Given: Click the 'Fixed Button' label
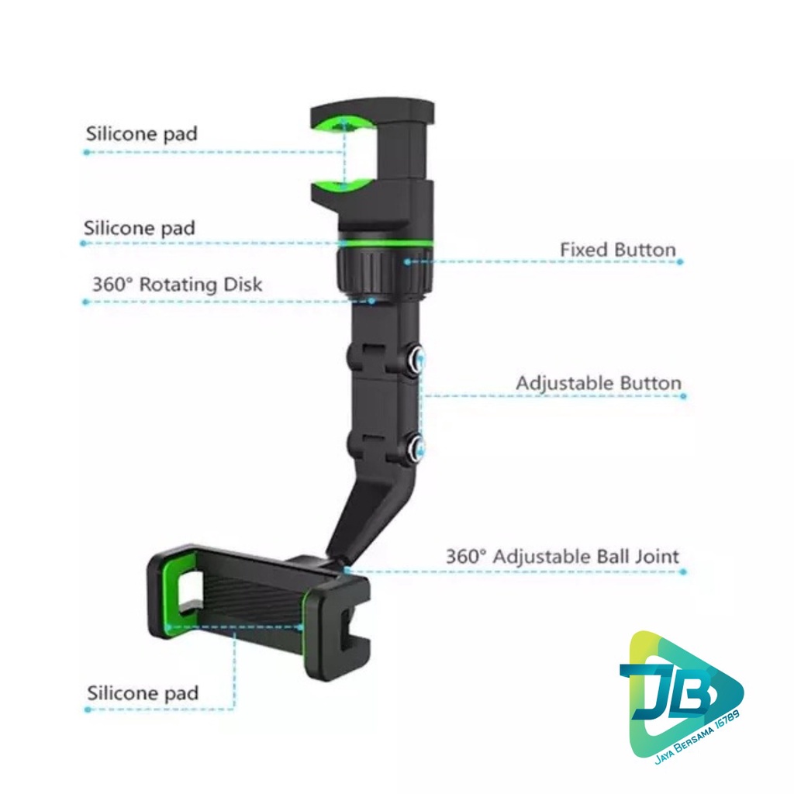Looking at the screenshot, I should tap(617, 250).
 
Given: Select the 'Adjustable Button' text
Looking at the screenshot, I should tap(599, 383).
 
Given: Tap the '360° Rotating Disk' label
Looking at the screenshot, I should tap(177, 285).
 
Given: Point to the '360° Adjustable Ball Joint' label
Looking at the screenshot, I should tap(562, 556).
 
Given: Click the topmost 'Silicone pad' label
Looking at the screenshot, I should tap(141, 133).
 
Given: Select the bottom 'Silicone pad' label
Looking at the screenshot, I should tap(143, 692).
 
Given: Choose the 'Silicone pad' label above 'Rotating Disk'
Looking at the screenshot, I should tap(140, 228).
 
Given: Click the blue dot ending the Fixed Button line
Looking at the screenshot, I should tap(680, 262).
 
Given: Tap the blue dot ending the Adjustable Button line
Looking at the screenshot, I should tap(683, 395).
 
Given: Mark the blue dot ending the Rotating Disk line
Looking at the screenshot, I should tap(85, 302).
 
